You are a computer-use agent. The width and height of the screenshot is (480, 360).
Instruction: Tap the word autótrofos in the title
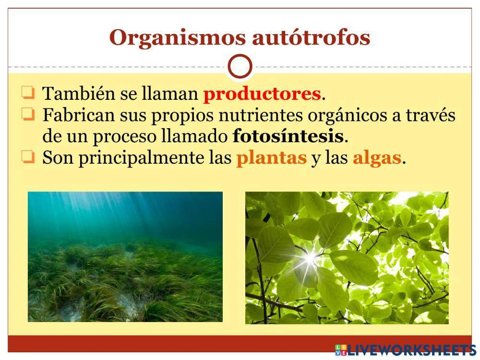pos(311,38)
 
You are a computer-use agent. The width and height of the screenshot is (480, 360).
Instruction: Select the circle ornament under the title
pos(240,67)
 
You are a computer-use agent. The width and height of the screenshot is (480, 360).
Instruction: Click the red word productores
pos(262,94)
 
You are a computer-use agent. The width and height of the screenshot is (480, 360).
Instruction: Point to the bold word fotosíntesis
pos(288,137)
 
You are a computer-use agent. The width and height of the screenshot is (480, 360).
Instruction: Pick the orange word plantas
pos(271,158)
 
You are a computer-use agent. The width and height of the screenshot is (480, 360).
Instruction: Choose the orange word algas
pos(377,158)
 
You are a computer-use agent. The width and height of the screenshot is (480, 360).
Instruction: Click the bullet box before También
pos(28,92)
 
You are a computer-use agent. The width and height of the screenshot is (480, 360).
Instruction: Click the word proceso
pos(120,137)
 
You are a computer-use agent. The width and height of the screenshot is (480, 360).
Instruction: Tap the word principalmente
pos(141,159)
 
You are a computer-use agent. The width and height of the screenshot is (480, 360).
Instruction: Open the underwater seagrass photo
pos(125,257)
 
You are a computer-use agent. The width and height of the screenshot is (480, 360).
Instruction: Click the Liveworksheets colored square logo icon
pos(341,349)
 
